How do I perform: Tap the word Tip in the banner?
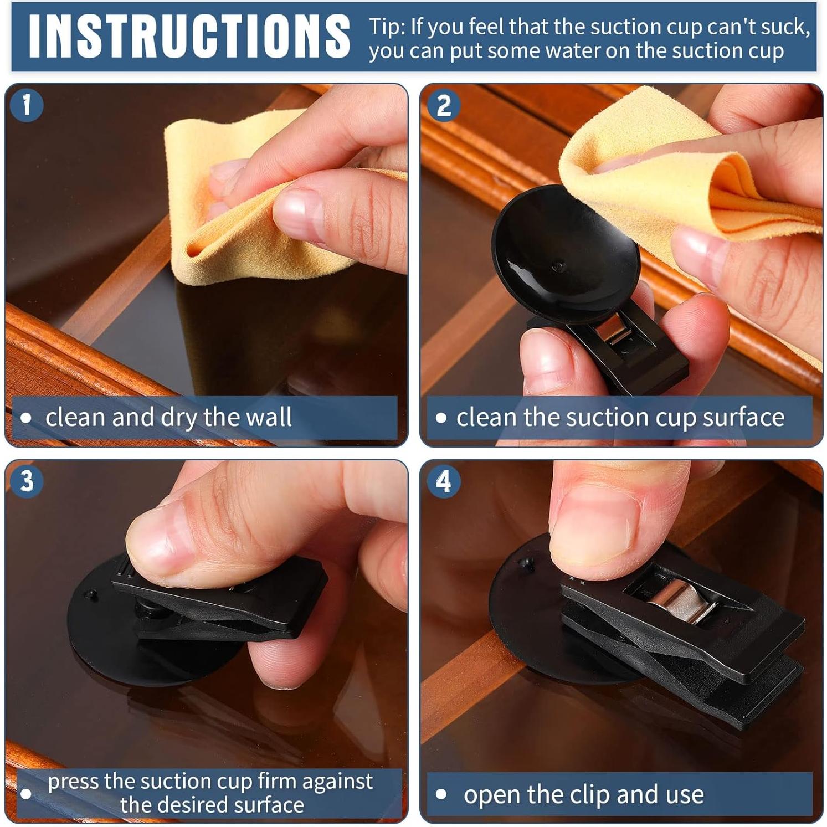coord(386,27)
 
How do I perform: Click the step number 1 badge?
coord(26,105)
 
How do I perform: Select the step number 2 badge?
coord(443,106)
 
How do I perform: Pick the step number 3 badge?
coord(26,480)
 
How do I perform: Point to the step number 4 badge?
coord(443,481)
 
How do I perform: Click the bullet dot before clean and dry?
coord(26,418)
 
